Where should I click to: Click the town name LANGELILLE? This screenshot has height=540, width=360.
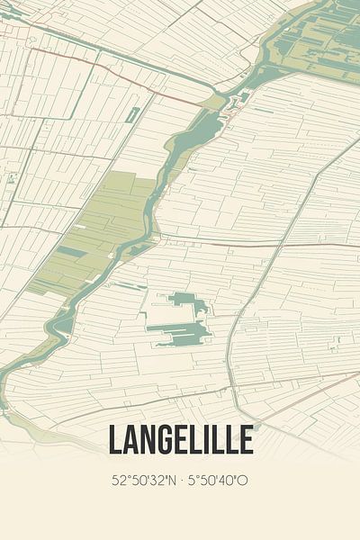coord(180,440)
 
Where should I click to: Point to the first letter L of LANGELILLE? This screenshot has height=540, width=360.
coord(115,440)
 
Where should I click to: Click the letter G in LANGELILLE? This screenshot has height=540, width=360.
coord(166,440)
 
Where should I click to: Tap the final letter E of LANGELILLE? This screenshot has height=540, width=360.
coord(245,440)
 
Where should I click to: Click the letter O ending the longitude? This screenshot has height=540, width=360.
coord(244,481)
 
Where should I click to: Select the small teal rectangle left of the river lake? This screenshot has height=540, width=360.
coord(133,115)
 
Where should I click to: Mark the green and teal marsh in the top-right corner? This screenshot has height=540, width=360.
coord(319,36)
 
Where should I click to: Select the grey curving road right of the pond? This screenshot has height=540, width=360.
coord(236,324)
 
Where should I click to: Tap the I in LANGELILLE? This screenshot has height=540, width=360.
coord(208,440)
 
